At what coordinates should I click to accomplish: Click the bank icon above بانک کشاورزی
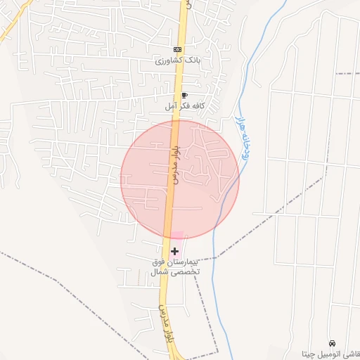[x=177, y=49]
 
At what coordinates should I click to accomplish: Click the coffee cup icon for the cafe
[x=184, y=94]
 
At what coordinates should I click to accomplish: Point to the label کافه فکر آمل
[x=184, y=105]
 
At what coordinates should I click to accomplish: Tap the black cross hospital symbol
[x=174, y=251]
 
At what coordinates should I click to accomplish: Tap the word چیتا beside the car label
[x=309, y=353]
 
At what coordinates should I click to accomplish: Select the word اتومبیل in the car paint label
[x=333, y=353]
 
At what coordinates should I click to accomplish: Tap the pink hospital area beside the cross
[x=178, y=238]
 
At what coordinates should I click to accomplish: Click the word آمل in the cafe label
[x=170, y=105]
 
